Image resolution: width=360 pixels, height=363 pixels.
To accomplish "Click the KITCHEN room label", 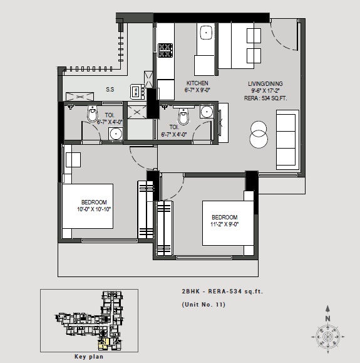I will pos(197,83).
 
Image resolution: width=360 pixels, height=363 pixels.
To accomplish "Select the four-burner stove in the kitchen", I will pos(165,48).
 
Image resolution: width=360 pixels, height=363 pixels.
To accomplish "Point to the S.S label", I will pos(110,90).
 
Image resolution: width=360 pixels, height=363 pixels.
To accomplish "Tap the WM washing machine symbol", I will pos(136,92).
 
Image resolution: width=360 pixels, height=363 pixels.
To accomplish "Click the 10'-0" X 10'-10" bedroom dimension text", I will pos(88,208).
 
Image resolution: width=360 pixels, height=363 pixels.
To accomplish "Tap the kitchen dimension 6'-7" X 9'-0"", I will pos(197,90).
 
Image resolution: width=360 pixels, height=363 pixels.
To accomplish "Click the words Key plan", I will pos(88,356).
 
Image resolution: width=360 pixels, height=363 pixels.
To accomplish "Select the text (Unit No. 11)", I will pos(203,305).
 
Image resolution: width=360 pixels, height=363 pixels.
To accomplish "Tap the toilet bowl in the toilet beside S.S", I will pos(93,115).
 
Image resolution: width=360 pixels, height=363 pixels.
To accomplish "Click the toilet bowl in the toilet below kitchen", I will pos(183,117).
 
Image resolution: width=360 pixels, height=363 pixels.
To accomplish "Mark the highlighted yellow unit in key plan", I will pos(101,344).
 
